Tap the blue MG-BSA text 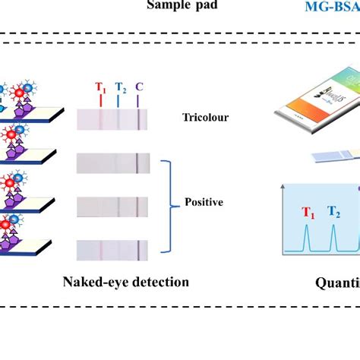pyautogui.click(x=331, y=7)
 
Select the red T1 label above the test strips pyautogui.click(x=100, y=87)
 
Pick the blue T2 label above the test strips pyautogui.click(x=120, y=87)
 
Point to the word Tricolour pyautogui.click(x=205, y=117)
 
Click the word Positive pyautogui.click(x=205, y=203)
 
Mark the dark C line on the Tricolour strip pyautogui.click(x=138, y=118)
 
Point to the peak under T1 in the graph pyautogui.click(x=308, y=241)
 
